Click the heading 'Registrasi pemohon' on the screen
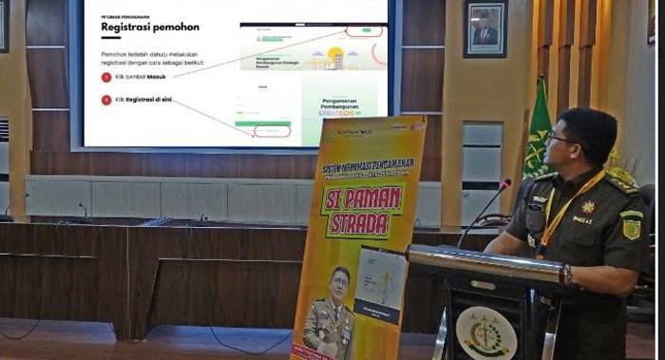pyautogui.click(x=149, y=28)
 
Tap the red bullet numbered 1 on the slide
pyautogui.click(x=106, y=77)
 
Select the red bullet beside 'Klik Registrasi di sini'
pyautogui.click(x=106, y=100)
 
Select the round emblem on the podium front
pyautogui.click(x=485, y=333)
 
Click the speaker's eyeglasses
pyautogui.click(x=560, y=139)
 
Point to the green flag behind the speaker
pyautogui.click(x=539, y=133)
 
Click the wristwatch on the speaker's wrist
pyautogui.click(x=567, y=274)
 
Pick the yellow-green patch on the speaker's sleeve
pyautogui.click(x=631, y=227)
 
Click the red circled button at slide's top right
pyautogui.click(x=363, y=30)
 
